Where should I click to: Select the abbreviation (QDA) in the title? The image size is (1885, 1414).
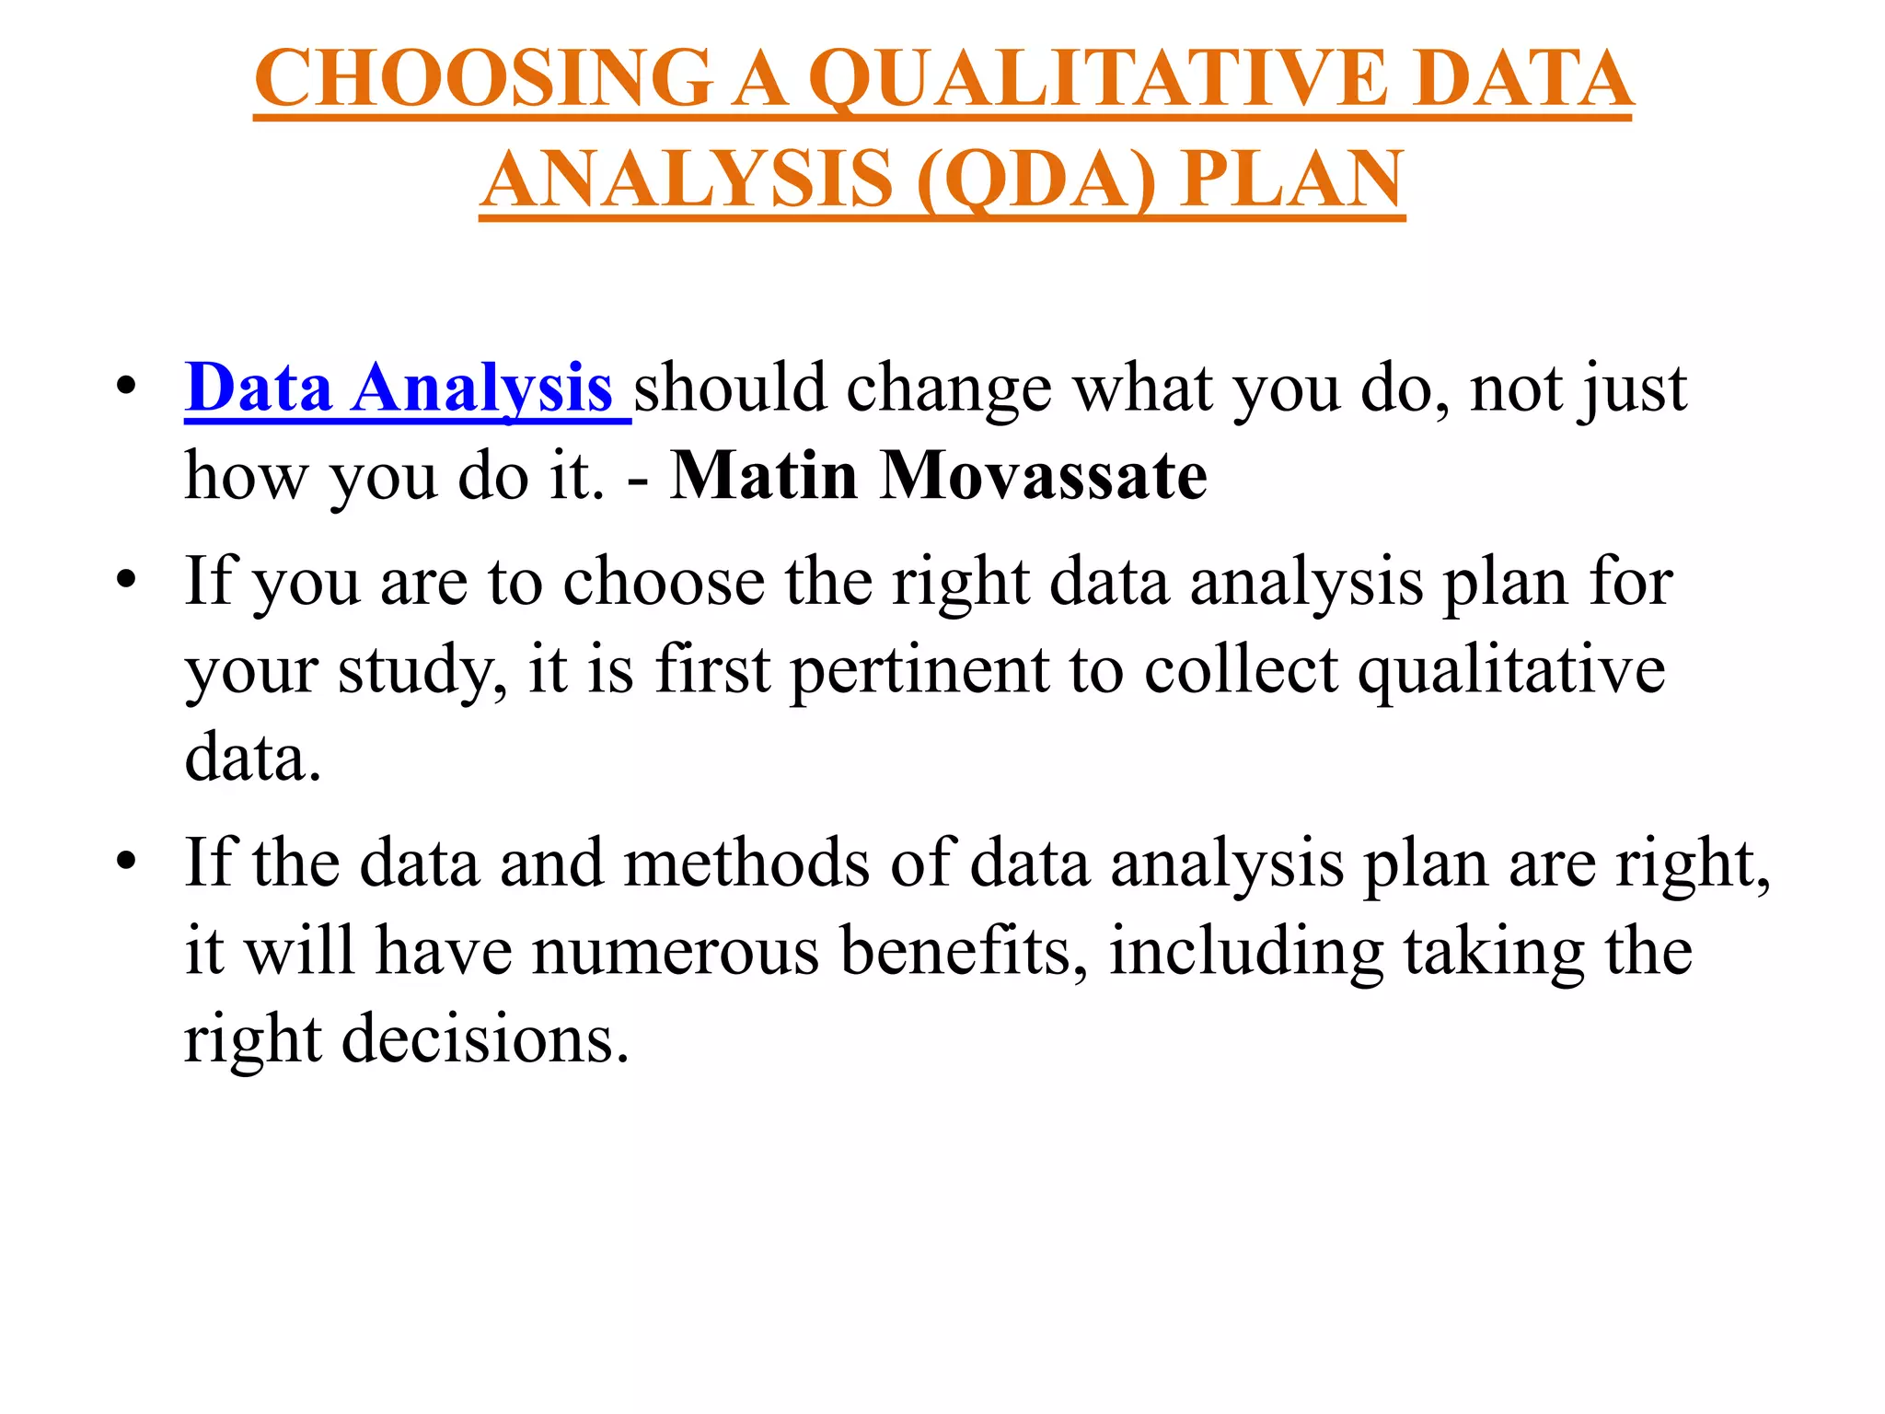click(x=1035, y=179)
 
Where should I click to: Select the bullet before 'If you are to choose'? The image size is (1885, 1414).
click(x=127, y=580)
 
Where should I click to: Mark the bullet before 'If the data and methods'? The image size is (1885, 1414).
click(x=127, y=862)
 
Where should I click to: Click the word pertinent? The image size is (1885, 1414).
click(x=919, y=671)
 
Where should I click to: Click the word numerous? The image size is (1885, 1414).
click(x=676, y=952)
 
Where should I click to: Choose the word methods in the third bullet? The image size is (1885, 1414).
click(x=746, y=863)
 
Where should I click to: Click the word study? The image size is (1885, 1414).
click(x=422, y=671)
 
